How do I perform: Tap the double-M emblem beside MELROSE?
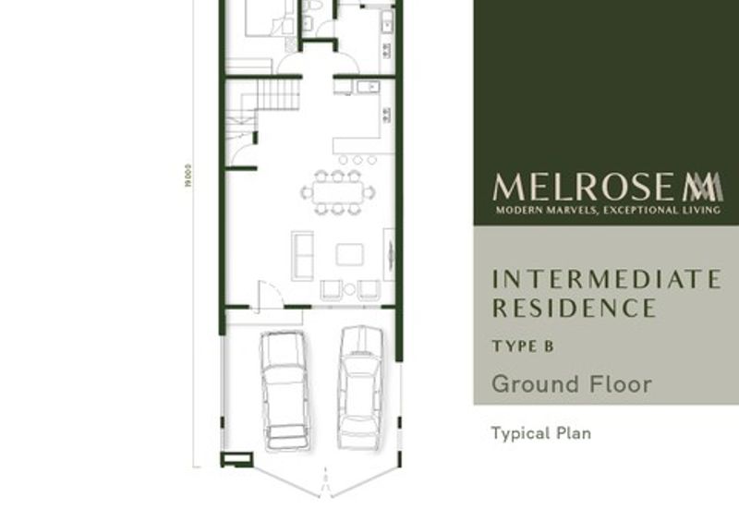(702, 188)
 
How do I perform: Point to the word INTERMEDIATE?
(606, 278)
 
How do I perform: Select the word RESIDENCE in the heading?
(573, 307)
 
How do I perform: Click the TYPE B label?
(522, 347)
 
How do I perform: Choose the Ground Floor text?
(571, 383)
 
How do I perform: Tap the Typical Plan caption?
(540, 432)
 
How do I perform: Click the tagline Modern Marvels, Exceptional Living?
(607, 211)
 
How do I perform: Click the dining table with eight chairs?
(338, 191)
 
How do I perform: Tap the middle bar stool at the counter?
(357, 160)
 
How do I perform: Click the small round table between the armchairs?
(349, 289)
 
